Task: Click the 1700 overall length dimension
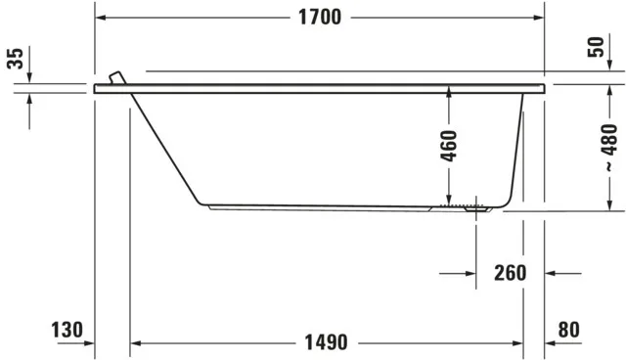(x=321, y=18)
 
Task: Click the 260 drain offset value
(x=511, y=273)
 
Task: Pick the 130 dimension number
(x=67, y=331)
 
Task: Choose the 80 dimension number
(x=568, y=331)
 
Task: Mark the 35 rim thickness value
(x=14, y=59)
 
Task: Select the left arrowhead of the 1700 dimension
(x=100, y=18)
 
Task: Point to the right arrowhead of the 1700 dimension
(x=539, y=18)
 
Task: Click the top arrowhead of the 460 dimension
(x=448, y=91)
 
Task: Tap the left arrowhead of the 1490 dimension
(x=136, y=343)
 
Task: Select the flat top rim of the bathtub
(x=323, y=88)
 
